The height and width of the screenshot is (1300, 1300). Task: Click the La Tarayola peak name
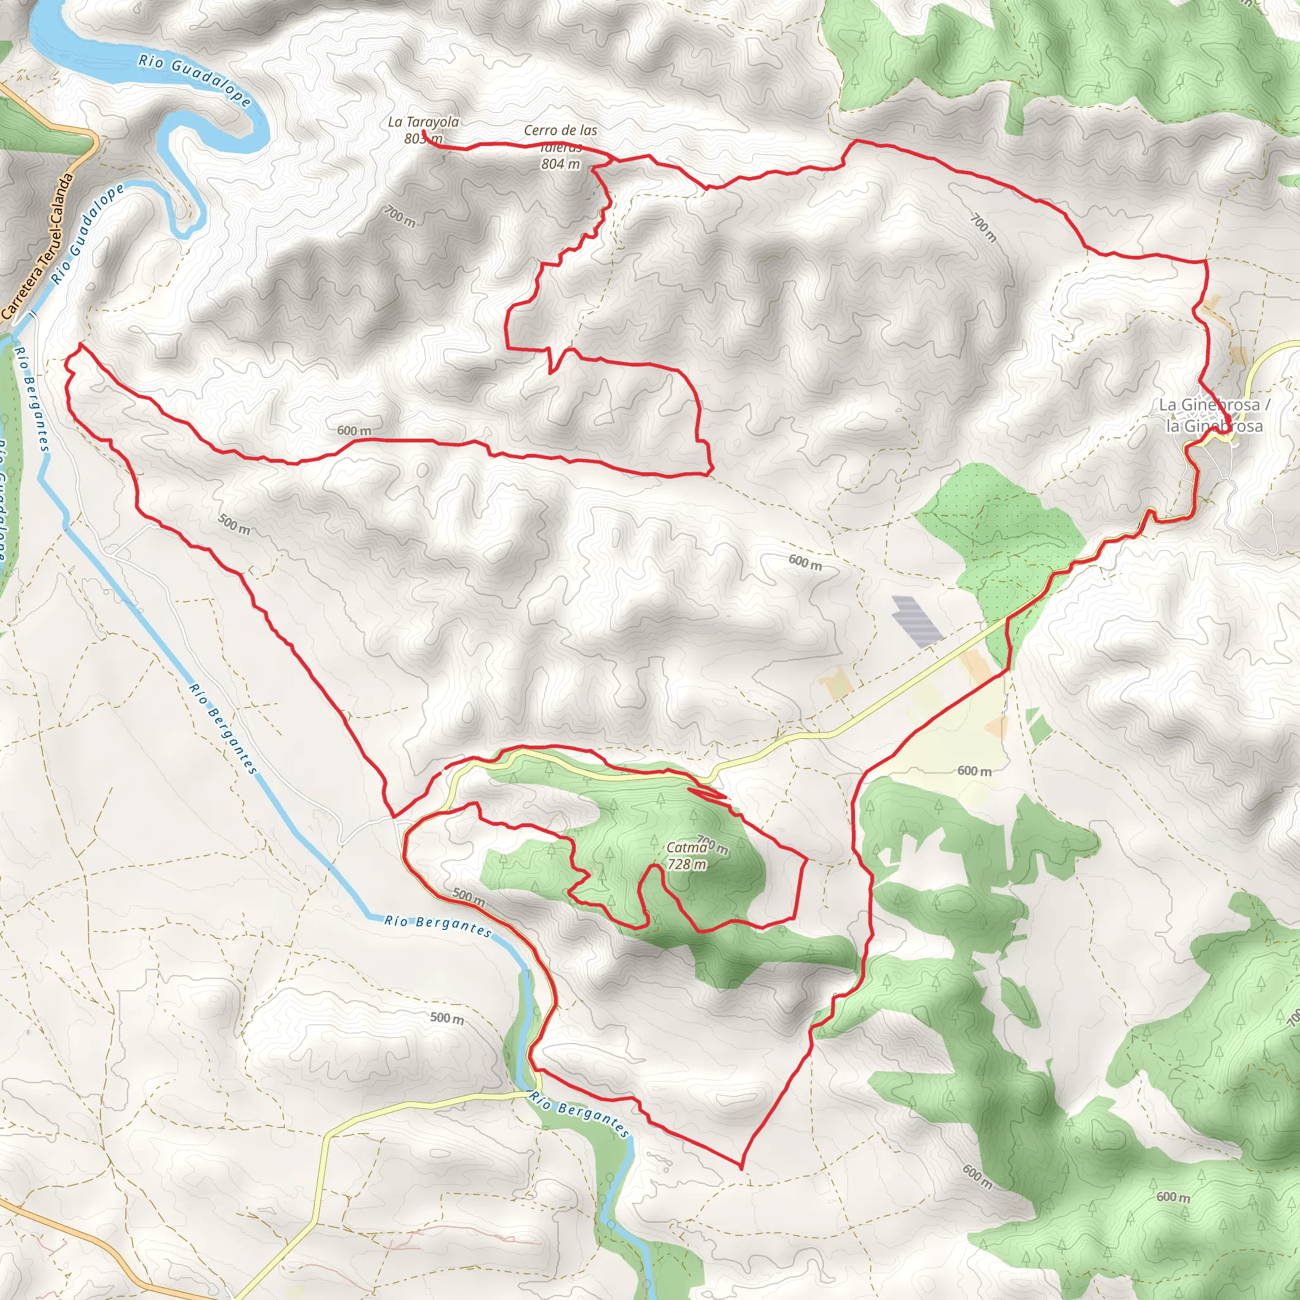pyautogui.click(x=423, y=122)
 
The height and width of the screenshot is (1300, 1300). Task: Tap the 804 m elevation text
pyautogui.click(x=560, y=164)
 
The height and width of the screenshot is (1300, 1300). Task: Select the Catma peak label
pyautogui.click(x=686, y=848)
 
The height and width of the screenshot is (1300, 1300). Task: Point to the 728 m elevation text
pyautogui.click(x=687, y=865)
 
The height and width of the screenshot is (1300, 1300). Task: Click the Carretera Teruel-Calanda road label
pyautogui.click(x=38, y=246)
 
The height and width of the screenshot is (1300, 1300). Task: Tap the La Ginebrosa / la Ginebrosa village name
pyautogui.click(x=1214, y=415)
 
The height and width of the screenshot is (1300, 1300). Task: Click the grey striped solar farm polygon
pyautogui.click(x=916, y=620)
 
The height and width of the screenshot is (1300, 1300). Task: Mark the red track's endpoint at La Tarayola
pyautogui.click(x=424, y=133)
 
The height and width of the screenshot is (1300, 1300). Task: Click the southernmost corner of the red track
pyautogui.click(x=741, y=1168)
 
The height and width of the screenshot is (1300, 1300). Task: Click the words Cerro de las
pyautogui.click(x=560, y=130)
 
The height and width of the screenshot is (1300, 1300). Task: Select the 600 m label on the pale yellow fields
pyautogui.click(x=974, y=771)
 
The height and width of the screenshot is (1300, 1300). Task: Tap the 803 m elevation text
pyautogui.click(x=423, y=139)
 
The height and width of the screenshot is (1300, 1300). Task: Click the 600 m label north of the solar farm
pyautogui.click(x=805, y=562)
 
